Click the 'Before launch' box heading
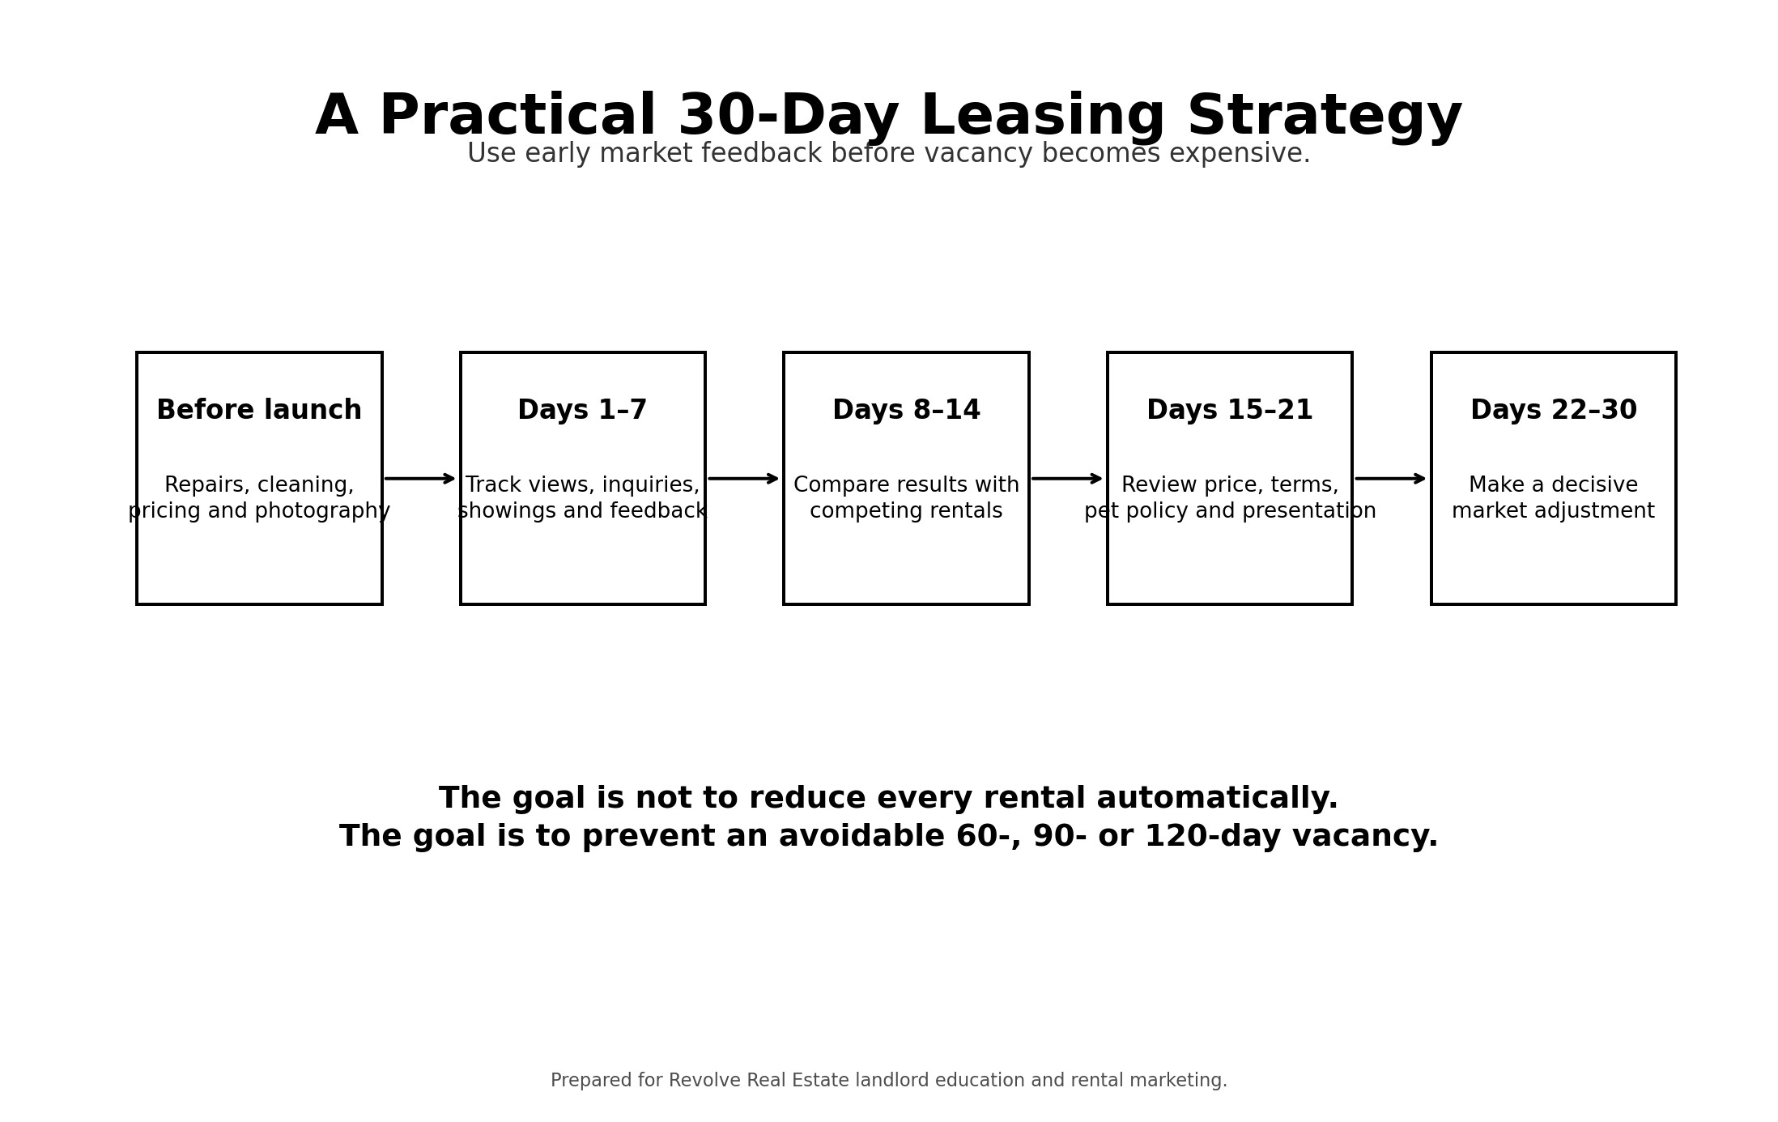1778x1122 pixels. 259,411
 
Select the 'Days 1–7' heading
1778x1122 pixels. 582,411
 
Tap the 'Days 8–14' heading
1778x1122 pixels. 906,411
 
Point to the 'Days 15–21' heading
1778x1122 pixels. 1229,411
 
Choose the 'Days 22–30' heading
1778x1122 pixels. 1553,411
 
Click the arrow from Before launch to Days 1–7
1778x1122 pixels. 420,479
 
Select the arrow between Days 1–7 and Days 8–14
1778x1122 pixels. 743,479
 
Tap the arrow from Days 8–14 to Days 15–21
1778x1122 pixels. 1067,479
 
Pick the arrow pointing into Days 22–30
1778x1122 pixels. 1391,479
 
